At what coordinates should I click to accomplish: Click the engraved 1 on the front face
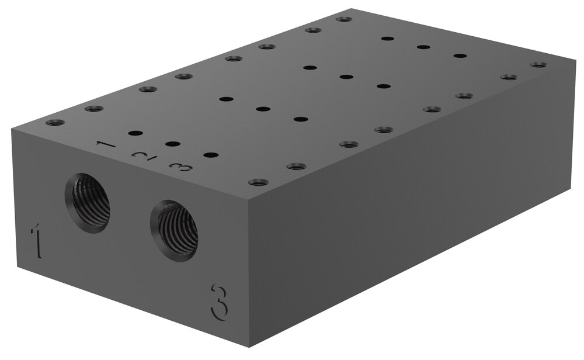(x=36, y=240)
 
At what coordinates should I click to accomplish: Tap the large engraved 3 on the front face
(x=219, y=302)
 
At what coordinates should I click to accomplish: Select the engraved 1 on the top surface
(x=106, y=144)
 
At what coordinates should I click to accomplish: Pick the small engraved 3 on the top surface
(x=180, y=167)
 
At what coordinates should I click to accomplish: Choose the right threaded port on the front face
(x=174, y=231)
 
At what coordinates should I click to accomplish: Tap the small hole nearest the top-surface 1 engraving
(x=135, y=133)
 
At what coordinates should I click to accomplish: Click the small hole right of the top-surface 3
(x=211, y=155)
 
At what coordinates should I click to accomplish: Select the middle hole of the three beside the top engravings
(x=172, y=144)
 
